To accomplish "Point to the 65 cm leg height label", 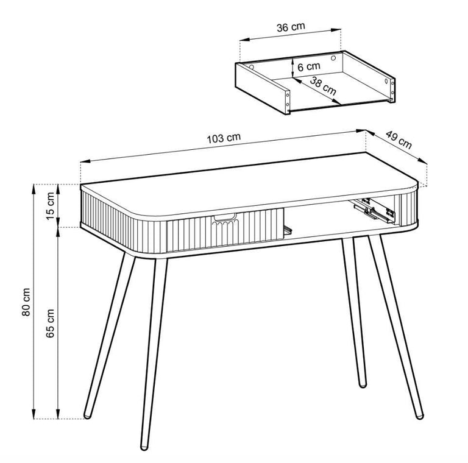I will coord(51,323).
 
